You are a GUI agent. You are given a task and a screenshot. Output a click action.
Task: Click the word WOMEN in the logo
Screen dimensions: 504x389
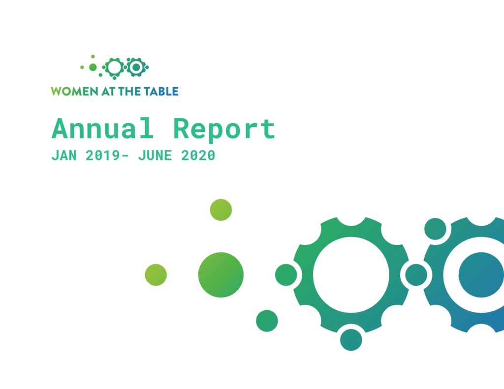(75, 91)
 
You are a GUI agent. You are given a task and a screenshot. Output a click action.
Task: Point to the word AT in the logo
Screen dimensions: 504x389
(108, 91)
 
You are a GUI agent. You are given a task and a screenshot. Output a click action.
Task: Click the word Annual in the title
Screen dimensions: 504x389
(102, 128)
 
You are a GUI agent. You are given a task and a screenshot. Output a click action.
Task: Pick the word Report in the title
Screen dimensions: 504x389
(224, 129)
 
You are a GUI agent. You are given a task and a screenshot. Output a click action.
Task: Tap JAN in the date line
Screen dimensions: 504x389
(64, 155)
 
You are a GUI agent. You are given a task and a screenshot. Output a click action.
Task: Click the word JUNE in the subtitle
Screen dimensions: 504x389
(155, 155)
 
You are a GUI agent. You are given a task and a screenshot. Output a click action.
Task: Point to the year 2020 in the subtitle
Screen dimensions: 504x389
(198, 155)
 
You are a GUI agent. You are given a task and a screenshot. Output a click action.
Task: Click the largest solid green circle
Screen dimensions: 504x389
(221, 274)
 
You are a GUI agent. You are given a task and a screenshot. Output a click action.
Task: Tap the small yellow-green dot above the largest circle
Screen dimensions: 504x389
(221, 210)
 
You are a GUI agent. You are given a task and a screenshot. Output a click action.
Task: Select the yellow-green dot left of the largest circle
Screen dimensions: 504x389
(156, 274)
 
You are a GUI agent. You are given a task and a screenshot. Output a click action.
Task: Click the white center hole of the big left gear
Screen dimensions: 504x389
(351, 274)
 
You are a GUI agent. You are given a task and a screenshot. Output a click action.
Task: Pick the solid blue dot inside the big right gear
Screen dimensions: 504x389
(481, 274)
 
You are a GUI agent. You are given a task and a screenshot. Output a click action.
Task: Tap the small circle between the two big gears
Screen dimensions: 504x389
(416, 274)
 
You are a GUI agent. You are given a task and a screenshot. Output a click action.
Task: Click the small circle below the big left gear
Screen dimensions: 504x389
(351, 340)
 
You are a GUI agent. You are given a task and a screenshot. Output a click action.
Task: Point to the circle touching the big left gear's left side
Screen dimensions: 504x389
(286, 274)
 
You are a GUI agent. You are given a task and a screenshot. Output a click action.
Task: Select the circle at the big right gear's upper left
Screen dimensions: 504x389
(435, 229)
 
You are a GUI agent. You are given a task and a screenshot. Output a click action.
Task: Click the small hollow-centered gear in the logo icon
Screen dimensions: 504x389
(114, 67)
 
